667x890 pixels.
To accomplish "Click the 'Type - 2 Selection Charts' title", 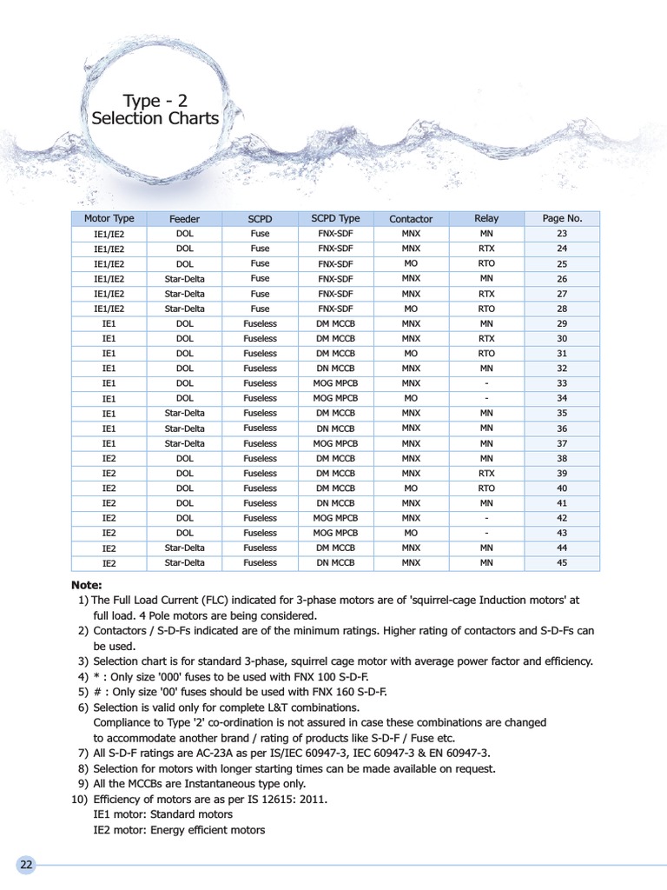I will [x=155, y=110].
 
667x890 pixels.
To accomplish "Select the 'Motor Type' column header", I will [x=109, y=219].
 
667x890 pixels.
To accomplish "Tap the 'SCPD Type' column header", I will [x=335, y=218].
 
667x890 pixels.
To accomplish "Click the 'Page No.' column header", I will [x=561, y=219].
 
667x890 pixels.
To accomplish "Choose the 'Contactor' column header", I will [x=411, y=219].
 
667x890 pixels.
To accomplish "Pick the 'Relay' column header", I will [x=486, y=219].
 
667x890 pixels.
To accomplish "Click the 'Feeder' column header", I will [x=184, y=219].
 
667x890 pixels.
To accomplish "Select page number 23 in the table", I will [x=561, y=234].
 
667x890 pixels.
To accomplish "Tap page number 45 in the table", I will [x=561, y=562].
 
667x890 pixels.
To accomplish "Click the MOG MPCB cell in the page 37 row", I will [x=335, y=443].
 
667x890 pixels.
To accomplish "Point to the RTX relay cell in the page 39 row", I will [x=486, y=473].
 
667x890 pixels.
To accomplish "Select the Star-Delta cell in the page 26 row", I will [x=184, y=279].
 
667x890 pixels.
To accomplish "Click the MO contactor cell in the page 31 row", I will [x=411, y=354].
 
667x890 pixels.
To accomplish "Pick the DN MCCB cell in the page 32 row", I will [x=335, y=369].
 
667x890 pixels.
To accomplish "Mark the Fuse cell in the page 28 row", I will [x=260, y=309].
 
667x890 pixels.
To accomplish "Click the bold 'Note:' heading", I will [x=87, y=585].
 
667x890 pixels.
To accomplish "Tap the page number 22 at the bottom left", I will [x=26, y=865].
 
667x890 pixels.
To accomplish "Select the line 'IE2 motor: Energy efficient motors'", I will [x=179, y=830].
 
